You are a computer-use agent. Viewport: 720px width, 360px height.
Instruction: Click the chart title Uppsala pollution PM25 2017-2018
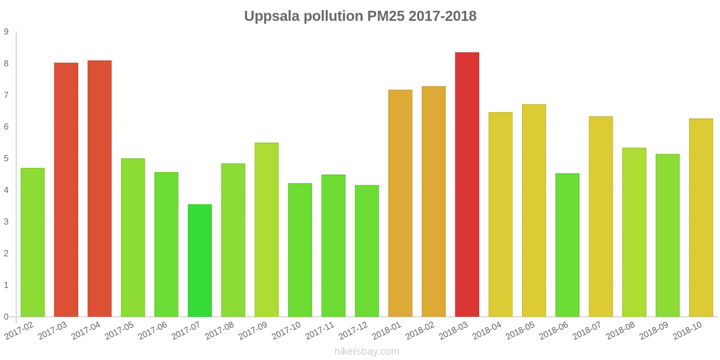pos(360,16)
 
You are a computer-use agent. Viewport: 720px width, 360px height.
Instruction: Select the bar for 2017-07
pos(200,261)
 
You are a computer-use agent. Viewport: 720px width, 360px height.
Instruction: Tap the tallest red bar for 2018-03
pos(467,184)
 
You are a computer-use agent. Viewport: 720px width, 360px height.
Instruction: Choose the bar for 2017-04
pos(99,189)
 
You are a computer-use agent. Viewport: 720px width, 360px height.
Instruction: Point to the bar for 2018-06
pos(567,245)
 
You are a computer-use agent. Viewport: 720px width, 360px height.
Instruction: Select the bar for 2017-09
pos(266,230)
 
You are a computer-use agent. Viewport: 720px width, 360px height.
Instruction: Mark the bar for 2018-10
pos(701,218)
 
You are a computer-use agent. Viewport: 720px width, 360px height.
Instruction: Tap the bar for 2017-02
pos(33,243)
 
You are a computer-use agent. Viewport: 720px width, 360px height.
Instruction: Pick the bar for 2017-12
pos(367,251)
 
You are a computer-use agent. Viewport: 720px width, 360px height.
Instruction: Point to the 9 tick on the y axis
pos(6,32)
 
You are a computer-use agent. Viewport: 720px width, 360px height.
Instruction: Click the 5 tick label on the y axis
pos(6,158)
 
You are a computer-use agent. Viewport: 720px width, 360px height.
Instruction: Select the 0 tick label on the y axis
pos(6,317)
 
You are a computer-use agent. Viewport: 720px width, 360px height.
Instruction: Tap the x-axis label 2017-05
pos(120,331)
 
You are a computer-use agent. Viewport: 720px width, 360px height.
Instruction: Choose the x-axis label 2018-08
pos(621,331)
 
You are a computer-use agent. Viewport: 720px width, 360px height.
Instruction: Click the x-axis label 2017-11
pos(320,331)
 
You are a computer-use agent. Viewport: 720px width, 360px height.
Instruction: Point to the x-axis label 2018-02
pos(420,331)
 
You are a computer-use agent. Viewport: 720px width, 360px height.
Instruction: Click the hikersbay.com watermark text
pos(367,351)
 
